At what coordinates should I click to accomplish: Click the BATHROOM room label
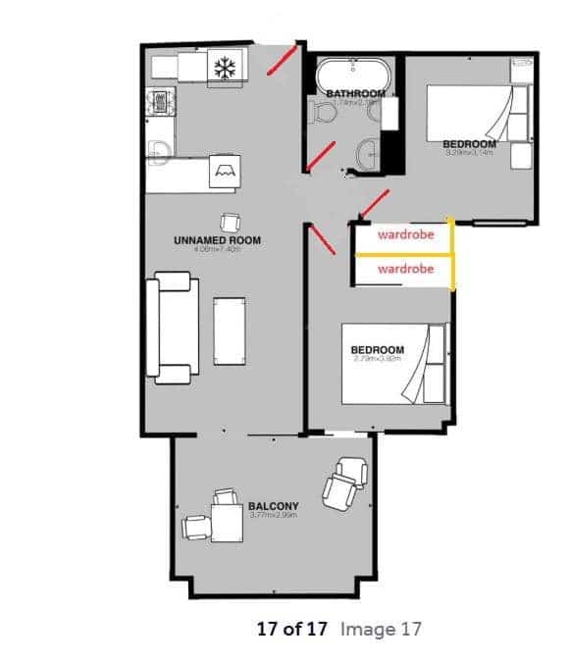(353, 94)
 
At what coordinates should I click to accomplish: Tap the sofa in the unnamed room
(170, 327)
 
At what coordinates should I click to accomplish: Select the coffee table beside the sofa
(229, 329)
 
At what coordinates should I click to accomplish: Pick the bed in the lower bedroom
(392, 364)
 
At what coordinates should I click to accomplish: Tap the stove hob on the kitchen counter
(159, 102)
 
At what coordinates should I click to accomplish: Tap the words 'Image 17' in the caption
(382, 630)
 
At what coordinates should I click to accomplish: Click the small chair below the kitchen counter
(230, 222)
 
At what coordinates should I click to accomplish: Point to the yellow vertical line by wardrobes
(451, 255)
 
